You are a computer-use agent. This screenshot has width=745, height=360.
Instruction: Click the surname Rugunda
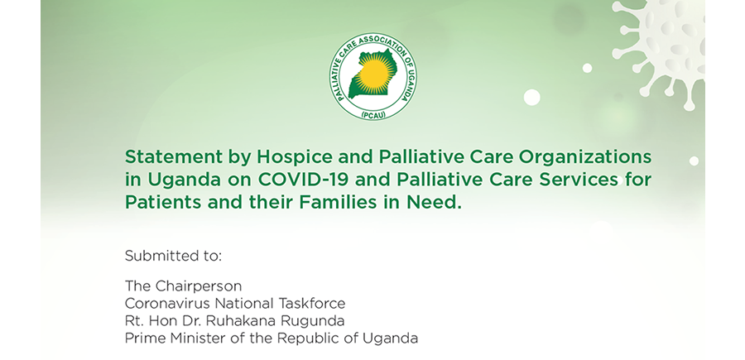pyautogui.click(x=313, y=322)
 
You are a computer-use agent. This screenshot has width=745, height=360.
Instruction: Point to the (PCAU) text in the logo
pyautogui.click(x=373, y=114)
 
